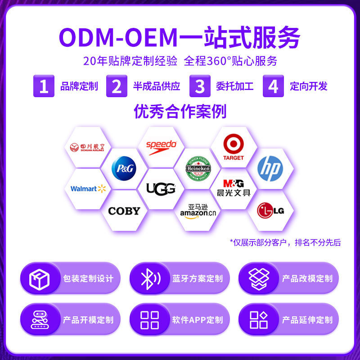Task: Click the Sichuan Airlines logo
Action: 87,147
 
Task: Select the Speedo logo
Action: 161,145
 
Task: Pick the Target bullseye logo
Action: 234,148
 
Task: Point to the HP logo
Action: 270,168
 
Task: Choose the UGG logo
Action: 161,189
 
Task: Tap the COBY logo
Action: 124,211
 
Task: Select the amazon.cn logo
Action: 198,211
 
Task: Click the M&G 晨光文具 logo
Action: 234,188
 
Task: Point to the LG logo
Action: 270,210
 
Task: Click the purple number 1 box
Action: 44,86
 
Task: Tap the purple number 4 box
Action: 273,86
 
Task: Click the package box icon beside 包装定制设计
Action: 40,278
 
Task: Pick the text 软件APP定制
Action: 197,320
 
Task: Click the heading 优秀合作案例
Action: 180,112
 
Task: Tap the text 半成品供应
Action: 156,86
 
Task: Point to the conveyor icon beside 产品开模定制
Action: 40,319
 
